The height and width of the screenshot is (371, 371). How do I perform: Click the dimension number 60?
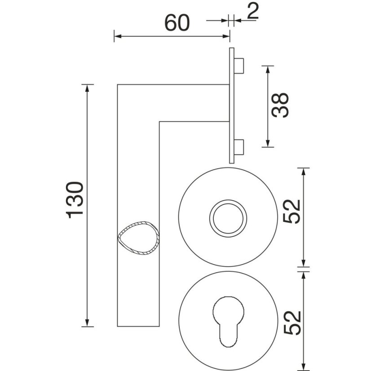(x=177, y=23)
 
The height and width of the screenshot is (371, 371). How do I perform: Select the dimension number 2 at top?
(x=253, y=11)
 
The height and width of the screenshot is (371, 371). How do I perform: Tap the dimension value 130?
(x=75, y=200)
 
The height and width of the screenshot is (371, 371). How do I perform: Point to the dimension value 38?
(x=280, y=105)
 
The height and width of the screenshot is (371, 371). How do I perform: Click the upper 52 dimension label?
(x=292, y=211)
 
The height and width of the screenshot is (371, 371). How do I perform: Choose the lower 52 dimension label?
(x=292, y=323)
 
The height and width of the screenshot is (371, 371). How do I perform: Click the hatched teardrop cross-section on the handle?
(x=139, y=238)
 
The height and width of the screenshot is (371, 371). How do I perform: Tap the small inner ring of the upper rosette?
(x=228, y=218)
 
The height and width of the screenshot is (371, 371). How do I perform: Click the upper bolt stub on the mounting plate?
(x=239, y=66)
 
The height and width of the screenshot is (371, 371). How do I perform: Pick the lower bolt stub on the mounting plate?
(x=239, y=147)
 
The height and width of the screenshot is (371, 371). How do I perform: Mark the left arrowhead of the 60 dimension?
(x=118, y=36)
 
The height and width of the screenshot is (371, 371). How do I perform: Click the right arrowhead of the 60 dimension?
(x=226, y=36)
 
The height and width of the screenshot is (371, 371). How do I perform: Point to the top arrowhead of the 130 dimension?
(x=87, y=88)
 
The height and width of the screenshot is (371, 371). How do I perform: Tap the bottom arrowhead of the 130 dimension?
(x=87, y=323)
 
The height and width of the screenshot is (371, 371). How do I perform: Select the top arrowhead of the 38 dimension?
(x=268, y=70)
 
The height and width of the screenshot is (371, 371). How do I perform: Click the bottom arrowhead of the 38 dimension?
(x=268, y=143)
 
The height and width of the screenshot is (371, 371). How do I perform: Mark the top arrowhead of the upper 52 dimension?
(x=304, y=172)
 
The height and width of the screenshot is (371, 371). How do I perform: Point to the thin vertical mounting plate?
(x=232, y=106)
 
